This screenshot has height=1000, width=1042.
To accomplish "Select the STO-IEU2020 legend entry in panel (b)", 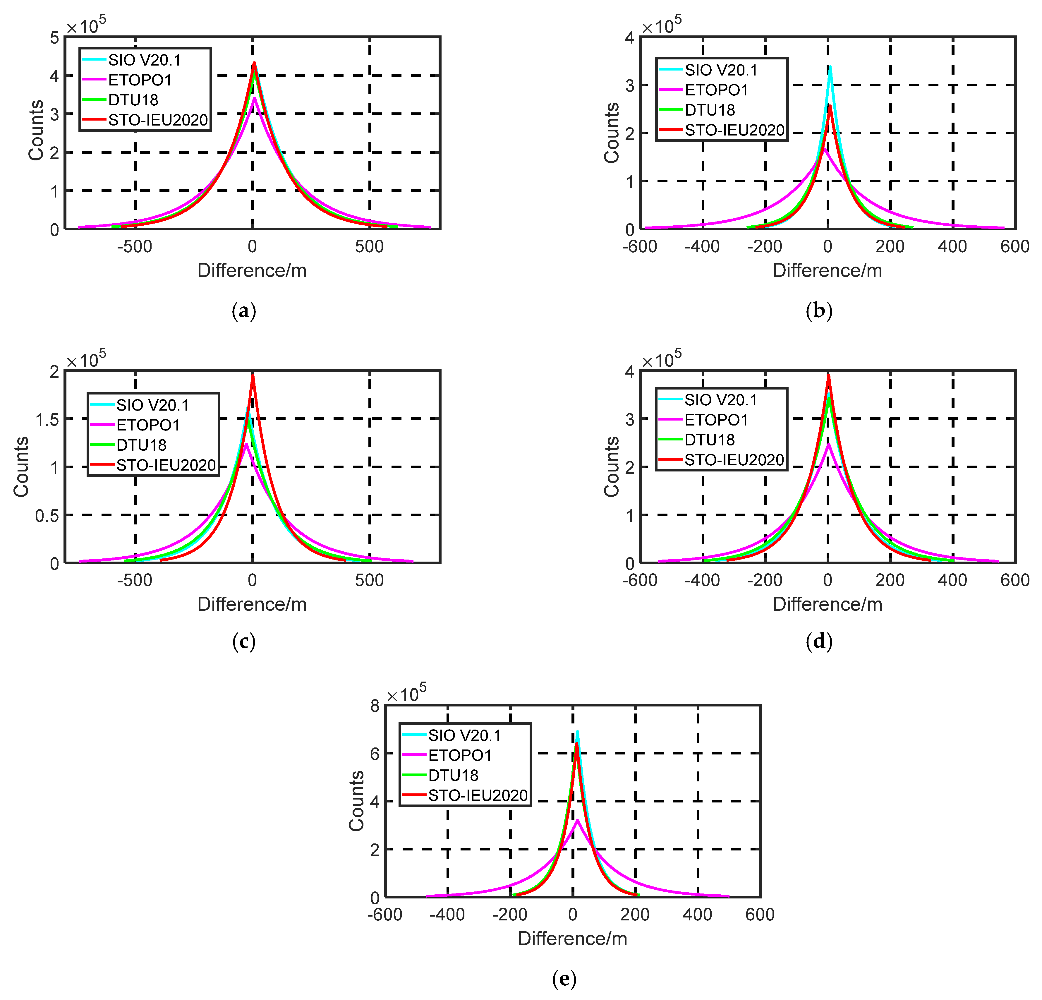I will [x=734, y=130].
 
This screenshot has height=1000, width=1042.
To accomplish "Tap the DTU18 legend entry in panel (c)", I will [x=141, y=445].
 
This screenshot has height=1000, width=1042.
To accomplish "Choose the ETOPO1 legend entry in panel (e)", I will [x=460, y=755].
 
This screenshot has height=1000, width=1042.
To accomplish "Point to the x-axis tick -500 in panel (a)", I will [x=135, y=247].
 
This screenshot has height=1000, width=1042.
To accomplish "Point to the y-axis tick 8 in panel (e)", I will [x=375, y=706].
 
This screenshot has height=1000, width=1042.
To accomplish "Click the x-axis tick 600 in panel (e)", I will [x=760, y=915].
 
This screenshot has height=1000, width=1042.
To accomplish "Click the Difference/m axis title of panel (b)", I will [x=827, y=271].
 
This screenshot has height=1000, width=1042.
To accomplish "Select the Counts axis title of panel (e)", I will [x=356, y=801].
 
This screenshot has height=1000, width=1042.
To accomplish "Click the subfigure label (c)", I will [x=244, y=642].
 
